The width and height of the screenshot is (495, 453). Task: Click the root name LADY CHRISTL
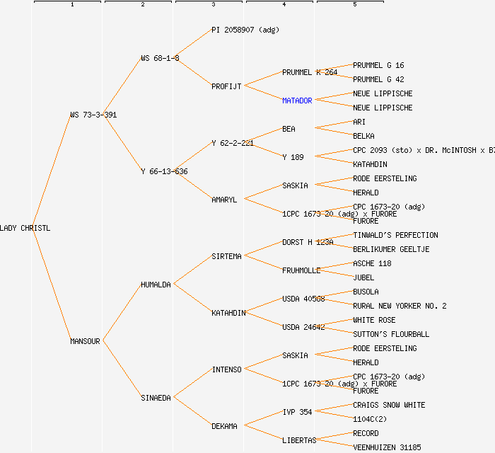point(25,228)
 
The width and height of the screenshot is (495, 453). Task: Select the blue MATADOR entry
point(297,101)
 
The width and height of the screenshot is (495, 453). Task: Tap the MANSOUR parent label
point(85,341)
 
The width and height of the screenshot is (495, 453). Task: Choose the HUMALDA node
point(156,285)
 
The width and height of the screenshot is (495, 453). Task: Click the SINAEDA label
point(156,398)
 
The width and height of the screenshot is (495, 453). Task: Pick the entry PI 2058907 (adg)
point(245,30)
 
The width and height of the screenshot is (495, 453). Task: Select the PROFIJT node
point(226,86)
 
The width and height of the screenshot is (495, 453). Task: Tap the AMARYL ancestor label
point(224,200)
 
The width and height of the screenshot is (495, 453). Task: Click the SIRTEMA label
point(226,256)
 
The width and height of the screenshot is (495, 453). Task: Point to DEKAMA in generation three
point(224,426)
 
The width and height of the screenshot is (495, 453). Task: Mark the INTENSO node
point(226,369)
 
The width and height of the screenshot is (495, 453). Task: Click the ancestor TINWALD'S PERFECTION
point(395,235)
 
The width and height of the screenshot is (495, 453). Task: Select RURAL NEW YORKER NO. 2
point(400,306)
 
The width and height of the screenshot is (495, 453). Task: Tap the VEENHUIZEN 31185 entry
point(387,447)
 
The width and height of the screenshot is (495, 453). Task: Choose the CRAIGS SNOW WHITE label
point(389,405)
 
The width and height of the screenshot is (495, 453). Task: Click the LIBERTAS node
point(299,440)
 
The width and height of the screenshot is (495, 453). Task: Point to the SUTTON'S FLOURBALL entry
point(391,334)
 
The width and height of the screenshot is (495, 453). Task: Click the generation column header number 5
point(354,5)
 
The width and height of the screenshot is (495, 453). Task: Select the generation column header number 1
point(71,5)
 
